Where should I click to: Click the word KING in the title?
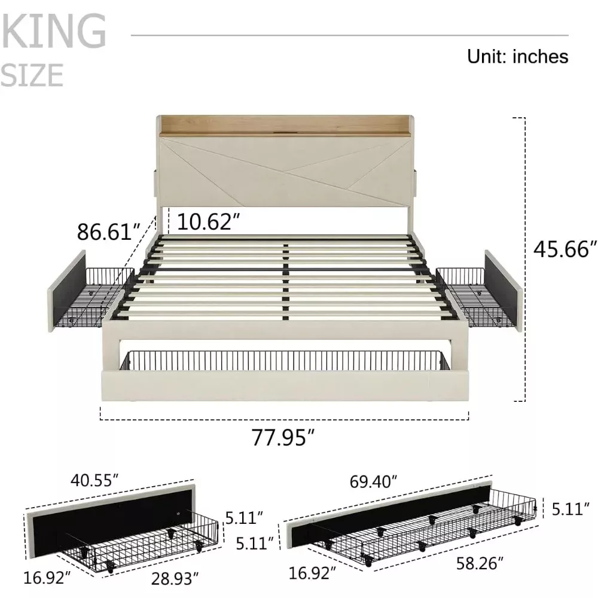(x=53, y=30)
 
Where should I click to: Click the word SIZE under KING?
(x=32, y=75)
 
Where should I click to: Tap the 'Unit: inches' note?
(x=517, y=56)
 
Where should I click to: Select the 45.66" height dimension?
(x=565, y=249)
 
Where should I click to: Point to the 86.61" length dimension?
(x=109, y=231)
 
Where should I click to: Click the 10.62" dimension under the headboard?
(x=208, y=221)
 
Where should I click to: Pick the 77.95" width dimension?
(x=283, y=437)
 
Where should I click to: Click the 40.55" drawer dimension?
(x=94, y=480)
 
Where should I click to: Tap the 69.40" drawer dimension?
(x=373, y=481)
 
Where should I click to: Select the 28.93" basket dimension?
(x=175, y=578)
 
